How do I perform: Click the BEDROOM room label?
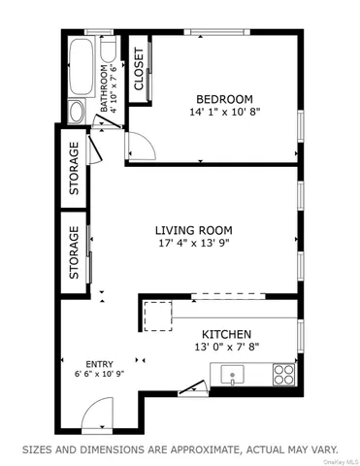pyautogui.click(x=224, y=99)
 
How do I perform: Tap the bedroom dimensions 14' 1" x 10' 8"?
pyautogui.click(x=224, y=113)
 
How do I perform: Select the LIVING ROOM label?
pyautogui.click(x=194, y=231)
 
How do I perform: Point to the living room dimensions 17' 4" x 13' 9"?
pyautogui.click(x=194, y=245)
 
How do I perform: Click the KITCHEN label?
pyautogui.click(x=226, y=333)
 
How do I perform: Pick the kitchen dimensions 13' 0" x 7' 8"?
pyautogui.click(x=226, y=347)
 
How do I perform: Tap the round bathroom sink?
pyautogui.click(x=78, y=112)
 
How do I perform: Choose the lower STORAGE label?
pyautogui.click(x=74, y=255)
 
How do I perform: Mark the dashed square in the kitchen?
pyautogui.click(x=156, y=316)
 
